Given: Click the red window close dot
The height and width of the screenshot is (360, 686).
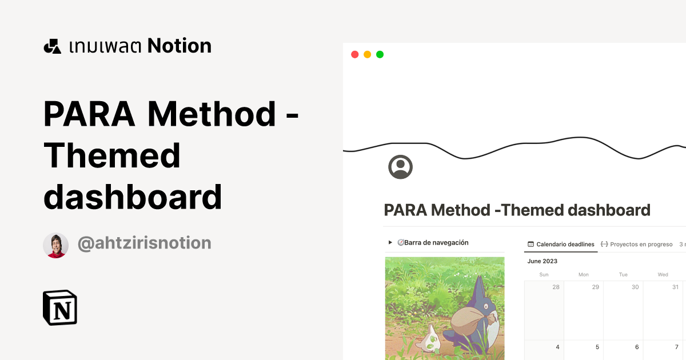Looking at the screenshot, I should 354,54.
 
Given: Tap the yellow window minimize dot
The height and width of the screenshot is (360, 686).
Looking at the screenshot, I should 367,54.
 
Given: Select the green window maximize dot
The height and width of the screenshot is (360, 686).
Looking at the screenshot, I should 380,54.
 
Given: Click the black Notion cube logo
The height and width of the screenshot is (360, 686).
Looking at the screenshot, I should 60,307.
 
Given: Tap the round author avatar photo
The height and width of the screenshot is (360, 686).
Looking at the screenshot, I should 55,245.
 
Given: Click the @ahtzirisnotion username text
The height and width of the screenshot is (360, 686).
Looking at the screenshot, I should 144,243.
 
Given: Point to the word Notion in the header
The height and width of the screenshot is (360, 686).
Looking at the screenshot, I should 180,46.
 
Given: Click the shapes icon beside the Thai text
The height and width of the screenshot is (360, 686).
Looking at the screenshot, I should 52,46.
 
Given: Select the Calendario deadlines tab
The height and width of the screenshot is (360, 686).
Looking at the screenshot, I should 561,244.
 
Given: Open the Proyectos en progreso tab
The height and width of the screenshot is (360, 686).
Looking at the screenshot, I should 636,244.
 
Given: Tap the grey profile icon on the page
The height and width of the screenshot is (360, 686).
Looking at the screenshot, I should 400,166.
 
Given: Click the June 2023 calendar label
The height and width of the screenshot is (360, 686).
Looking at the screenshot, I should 543,261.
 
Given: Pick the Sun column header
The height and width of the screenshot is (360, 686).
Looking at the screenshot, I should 544,274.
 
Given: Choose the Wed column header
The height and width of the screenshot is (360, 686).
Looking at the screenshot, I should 663,274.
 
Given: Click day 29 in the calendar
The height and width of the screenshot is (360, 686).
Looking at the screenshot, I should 595,287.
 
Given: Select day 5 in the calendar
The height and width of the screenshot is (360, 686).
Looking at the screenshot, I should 597,347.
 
